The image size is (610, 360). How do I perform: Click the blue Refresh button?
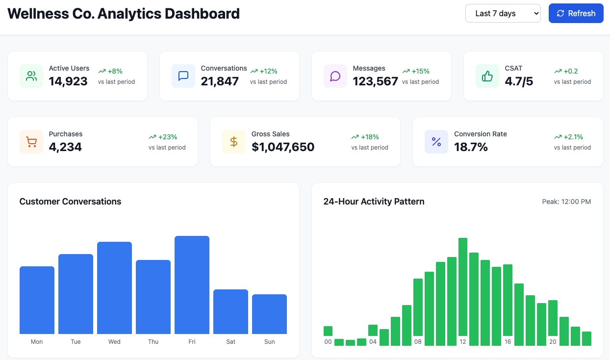pos(576,13)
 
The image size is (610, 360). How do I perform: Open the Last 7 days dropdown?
pos(503,13)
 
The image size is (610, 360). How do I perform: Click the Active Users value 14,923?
pos(68,81)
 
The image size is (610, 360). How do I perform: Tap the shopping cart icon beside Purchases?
pos(31,142)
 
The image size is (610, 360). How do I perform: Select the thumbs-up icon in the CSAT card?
pos(487,76)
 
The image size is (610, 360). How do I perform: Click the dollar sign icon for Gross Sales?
pos(234,142)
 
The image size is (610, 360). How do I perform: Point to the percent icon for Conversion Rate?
pos(436,142)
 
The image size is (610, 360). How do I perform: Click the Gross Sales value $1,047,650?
pos(283,147)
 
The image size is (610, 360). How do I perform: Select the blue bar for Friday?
pos(192,285)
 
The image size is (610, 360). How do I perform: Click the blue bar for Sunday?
pos(269,314)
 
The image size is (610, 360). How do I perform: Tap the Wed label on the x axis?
pos(114,342)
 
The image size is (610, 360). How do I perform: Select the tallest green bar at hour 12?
pos(462,286)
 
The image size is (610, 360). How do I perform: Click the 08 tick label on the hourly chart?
pos(418,342)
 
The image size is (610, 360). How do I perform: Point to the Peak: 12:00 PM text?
pos(566,202)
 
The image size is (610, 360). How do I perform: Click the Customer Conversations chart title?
pos(70,202)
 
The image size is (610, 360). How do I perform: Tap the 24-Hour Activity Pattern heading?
pos(374,202)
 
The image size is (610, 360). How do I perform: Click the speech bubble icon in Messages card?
pos(335,76)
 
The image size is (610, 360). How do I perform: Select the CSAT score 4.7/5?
pos(519,81)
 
